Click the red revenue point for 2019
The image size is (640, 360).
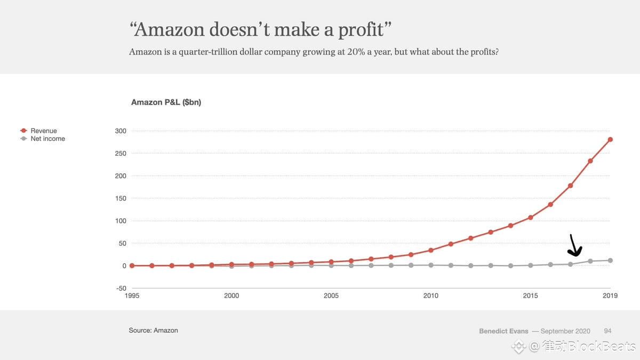pos(610,140)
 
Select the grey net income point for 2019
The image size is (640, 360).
pos(610,260)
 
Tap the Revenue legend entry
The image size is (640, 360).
pos(43,131)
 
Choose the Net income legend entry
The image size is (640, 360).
pos(47,139)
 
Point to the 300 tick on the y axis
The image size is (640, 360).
pos(121,131)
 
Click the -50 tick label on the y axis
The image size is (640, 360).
pos(121,289)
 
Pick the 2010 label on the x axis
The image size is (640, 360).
pos(431,295)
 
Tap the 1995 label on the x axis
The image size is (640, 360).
pos(132,295)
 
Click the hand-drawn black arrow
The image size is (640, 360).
pos(575,246)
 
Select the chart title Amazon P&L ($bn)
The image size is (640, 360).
pos(166,102)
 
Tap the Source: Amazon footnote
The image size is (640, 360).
pos(153,331)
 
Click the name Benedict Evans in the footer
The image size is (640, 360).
pos(503,331)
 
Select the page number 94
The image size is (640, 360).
pos(607,331)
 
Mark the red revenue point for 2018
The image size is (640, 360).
pos(590,161)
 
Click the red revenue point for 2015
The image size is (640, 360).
pos(531,218)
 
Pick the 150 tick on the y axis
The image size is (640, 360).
pos(121,198)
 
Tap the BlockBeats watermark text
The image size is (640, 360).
pos(590,347)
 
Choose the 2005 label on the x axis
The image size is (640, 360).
pos(331,295)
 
